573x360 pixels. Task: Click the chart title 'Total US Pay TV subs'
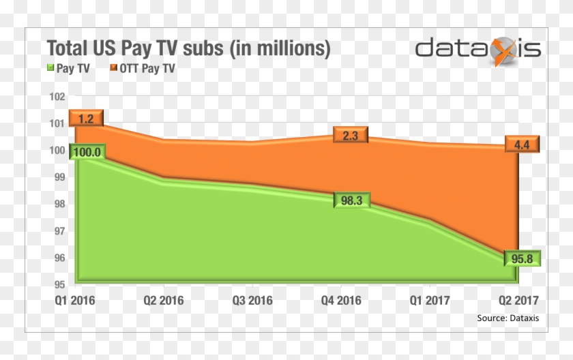coord(188,48)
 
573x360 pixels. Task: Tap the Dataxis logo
coord(478,50)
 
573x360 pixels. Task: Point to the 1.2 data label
coord(86,119)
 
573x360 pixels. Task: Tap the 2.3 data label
coord(351,135)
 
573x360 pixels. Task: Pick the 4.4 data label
coord(523,144)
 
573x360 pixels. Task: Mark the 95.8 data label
coord(523,259)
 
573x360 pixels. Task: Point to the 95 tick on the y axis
coord(60,284)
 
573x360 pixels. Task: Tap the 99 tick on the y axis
coord(60,177)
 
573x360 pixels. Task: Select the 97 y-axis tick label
coord(60,231)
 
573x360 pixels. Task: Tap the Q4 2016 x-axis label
coord(340,300)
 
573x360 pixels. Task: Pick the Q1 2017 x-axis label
coord(430,300)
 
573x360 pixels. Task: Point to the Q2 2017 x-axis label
coord(518,300)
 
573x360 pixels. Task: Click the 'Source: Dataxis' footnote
coord(505,318)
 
